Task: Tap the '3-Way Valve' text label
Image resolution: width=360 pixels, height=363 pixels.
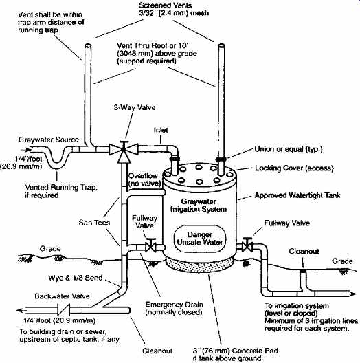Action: click(x=135, y=108)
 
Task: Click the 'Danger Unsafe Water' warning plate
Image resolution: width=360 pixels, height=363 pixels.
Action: click(x=200, y=239)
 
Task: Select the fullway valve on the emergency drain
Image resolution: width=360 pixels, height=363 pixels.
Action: click(x=151, y=246)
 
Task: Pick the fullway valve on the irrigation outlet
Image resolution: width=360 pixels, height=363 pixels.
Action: click(x=247, y=245)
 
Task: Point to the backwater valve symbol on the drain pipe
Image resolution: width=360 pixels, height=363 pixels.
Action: click(x=64, y=310)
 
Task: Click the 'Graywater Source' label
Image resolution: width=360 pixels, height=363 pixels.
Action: click(x=49, y=140)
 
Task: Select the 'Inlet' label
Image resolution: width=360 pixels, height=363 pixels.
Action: click(x=161, y=130)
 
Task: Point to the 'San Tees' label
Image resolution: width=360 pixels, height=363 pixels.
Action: click(x=94, y=223)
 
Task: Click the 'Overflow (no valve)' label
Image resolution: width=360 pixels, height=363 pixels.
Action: click(x=144, y=179)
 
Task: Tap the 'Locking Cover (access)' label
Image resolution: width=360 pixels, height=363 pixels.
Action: click(x=294, y=168)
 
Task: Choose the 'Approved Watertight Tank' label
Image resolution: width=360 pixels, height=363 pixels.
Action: click(x=297, y=195)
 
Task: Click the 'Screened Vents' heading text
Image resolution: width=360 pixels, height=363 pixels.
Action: click(x=166, y=5)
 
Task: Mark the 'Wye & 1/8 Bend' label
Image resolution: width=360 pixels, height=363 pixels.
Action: click(x=76, y=278)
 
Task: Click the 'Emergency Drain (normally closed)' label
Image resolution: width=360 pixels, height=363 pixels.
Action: click(x=174, y=309)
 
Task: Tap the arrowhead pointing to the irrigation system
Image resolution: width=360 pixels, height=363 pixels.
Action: click(x=353, y=294)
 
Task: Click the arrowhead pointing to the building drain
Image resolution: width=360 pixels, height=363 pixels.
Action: click(x=21, y=310)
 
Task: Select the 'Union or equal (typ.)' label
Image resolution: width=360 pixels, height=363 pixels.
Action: click(x=289, y=149)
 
